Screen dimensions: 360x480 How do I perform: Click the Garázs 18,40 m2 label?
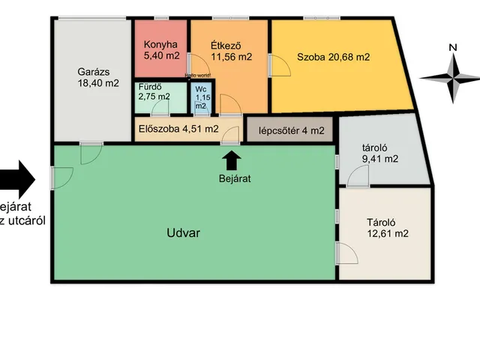coord(98,78)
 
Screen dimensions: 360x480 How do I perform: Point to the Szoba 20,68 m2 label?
coord(334,56)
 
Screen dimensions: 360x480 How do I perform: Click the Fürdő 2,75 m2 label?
coord(154,91)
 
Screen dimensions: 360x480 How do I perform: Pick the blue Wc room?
coord(201,97)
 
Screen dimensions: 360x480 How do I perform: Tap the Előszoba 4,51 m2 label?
coord(178,128)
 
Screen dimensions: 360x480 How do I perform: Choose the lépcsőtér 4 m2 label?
coord(291,130)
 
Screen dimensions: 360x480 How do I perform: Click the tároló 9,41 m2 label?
coord(379,153)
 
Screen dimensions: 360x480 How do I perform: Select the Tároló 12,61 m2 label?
coord(387,227)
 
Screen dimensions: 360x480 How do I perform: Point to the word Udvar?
coord(182,232)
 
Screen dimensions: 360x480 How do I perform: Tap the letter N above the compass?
coord(452,47)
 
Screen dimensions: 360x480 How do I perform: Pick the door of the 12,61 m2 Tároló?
coord(346,253)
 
